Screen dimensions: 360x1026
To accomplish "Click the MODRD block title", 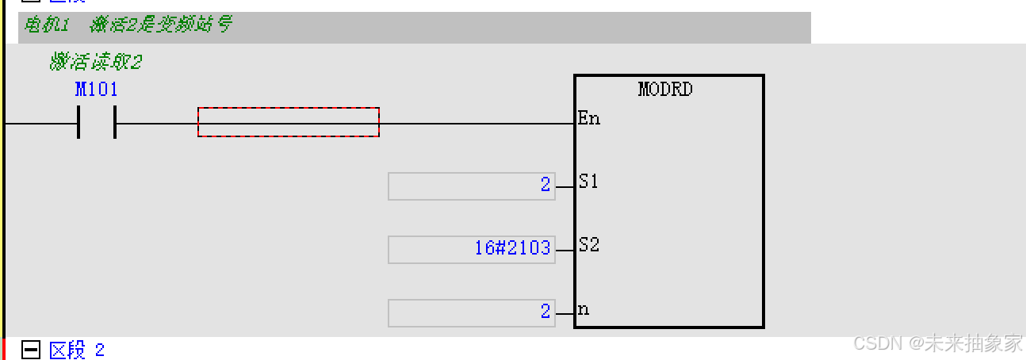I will [x=665, y=89].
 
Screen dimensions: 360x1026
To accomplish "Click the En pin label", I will [x=588, y=119].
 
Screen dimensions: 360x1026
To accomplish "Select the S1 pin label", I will [x=588, y=182].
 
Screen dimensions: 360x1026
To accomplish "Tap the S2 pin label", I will [x=588, y=245].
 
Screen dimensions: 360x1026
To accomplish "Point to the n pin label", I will [x=584, y=309].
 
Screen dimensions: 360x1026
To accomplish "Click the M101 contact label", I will [x=97, y=90].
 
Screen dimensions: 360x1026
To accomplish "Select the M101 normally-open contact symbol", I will [x=97, y=123].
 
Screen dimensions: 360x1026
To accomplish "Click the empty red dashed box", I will [x=289, y=122].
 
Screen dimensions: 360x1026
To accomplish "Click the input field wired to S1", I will [x=471, y=186].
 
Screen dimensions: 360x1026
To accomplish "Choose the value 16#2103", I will [x=512, y=248].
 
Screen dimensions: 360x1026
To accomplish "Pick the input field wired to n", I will [x=471, y=313].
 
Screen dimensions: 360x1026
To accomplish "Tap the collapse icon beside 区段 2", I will [x=31, y=350].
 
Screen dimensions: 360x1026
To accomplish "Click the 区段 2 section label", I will [x=76, y=350].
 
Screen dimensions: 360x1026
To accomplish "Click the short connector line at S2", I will [x=565, y=251].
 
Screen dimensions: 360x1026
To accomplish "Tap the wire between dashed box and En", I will [x=476, y=124].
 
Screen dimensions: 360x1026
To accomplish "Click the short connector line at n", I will [x=565, y=314].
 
